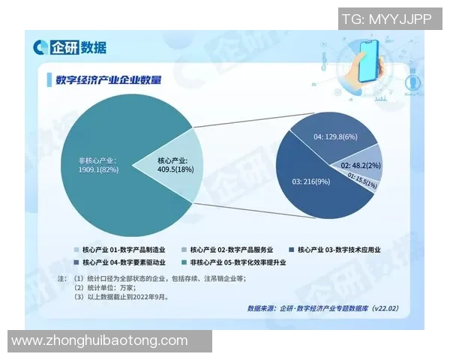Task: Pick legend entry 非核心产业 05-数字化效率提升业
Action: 237,262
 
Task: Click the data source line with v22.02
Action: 322,308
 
